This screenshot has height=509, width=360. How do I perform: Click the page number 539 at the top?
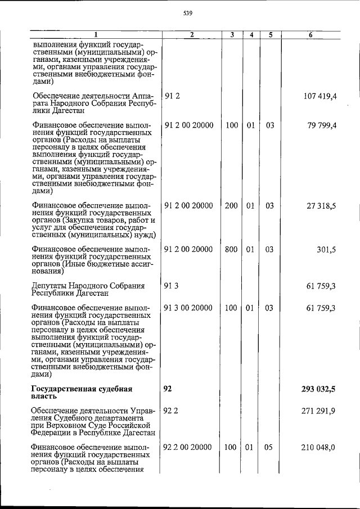[188, 13]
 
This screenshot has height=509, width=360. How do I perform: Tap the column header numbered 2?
[191, 35]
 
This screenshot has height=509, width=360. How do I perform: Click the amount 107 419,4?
[320, 97]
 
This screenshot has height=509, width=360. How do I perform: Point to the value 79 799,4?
[323, 125]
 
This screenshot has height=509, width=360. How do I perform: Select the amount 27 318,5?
[323, 206]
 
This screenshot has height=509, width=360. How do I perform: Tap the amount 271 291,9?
[320, 411]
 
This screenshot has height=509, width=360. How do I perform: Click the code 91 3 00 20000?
[188, 308]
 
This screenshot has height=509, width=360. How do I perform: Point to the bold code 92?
[168, 389]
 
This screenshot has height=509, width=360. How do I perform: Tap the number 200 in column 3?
[231, 206]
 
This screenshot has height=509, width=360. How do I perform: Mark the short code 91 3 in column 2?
[171, 286]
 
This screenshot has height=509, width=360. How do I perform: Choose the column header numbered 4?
[251, 35]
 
